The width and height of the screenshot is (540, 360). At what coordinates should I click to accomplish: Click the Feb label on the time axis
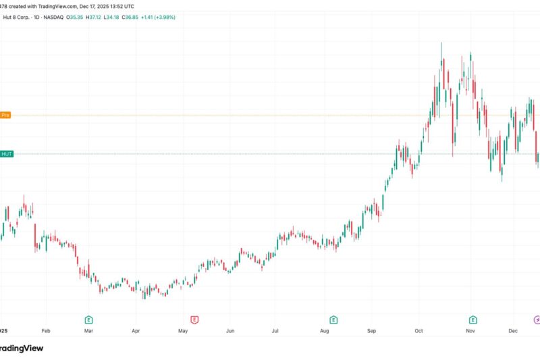tap(46, 332)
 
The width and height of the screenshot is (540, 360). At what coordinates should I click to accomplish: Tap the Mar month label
tap(89, 332)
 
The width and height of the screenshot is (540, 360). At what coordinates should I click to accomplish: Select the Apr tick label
tap(136, 332)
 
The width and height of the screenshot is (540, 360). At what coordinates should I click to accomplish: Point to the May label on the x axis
tap(182, 332)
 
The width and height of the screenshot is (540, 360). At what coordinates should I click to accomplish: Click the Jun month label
tap(230, 332)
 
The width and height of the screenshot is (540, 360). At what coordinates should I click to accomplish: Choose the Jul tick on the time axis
tap(275, 332)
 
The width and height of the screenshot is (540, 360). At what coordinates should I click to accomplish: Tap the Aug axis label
tap(324, 332)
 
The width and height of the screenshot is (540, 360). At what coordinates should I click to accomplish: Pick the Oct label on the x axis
tap(418, 332)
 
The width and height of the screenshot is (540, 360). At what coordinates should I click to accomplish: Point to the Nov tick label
tap(470, 332)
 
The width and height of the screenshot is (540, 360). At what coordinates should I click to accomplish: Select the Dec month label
tap(514, 332)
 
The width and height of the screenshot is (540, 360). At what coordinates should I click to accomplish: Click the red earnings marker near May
tap(194, 319)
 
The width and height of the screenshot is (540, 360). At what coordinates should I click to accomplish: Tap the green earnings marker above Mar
tap(88, 319)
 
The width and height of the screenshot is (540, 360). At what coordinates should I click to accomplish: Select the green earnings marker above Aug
tap(333, 319)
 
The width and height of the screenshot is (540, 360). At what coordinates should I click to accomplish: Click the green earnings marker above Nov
tap(473, 319)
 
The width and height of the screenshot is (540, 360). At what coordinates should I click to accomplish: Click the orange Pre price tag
tap(6, 115)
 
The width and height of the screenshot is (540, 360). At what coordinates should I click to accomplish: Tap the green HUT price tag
tap(7, 154)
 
